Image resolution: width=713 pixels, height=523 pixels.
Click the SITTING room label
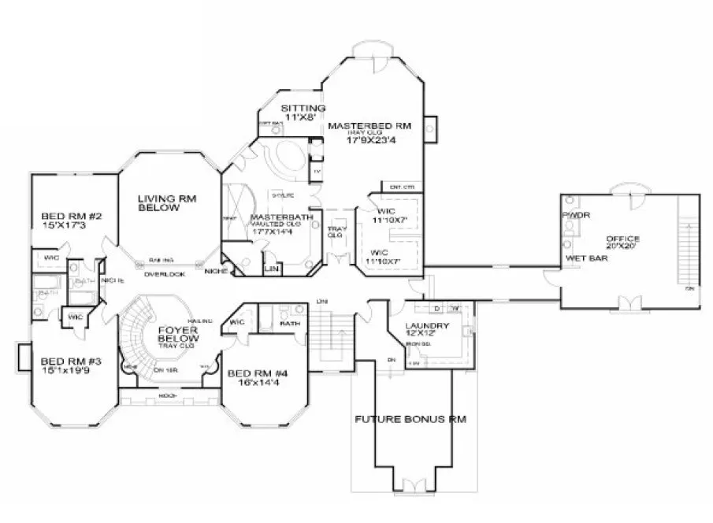point(303,108)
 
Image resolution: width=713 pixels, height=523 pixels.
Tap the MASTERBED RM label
point(369,125)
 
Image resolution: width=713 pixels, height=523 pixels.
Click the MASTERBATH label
point(282,217)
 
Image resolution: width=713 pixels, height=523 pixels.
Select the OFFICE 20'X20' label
point(622,239)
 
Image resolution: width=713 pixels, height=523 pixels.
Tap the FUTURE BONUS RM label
point(410,419)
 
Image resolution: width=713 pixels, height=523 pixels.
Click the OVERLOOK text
point(164,274)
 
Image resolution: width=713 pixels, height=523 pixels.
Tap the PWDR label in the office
point(572,214)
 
